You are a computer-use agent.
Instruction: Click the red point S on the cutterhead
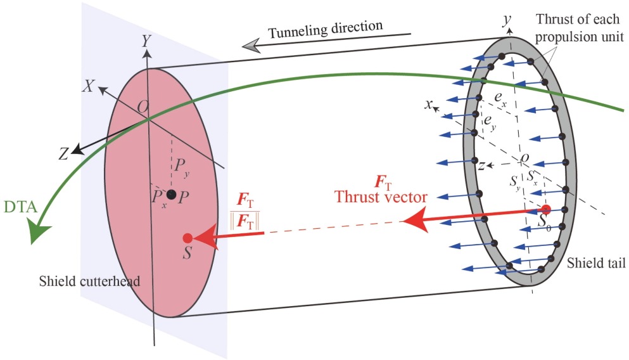tap(187, 238)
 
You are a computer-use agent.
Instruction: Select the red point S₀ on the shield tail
tap(546, 209)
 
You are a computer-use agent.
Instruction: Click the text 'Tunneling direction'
tap(326, 29)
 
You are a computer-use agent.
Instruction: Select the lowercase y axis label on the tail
tap(506, 20)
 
